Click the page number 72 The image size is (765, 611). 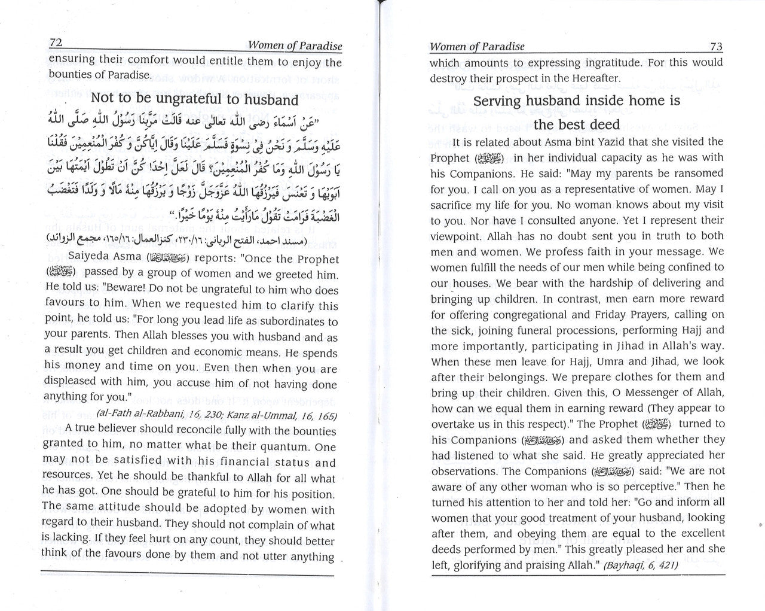coord(56,43)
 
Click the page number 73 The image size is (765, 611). coord(714,46)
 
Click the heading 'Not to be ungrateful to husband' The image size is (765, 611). coord(194,99)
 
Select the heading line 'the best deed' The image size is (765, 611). coord(577,124)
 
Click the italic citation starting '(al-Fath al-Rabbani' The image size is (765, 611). coord(233,416)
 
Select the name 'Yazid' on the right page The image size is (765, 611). coord(599,142)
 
